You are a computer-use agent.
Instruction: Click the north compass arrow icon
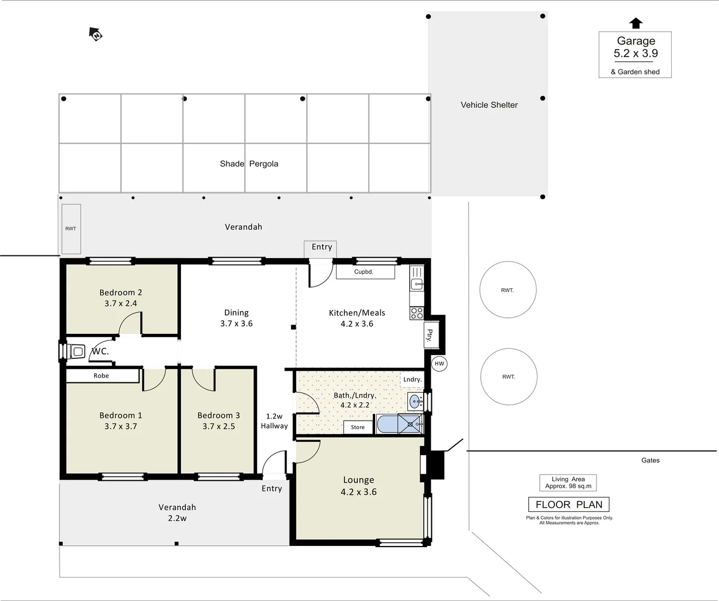(x=96, y=35)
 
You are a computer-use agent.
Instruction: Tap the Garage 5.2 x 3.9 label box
(x=635, y=54)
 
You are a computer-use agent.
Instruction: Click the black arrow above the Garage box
(x=636, y=23)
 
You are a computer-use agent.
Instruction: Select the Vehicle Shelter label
(x=489, y=105)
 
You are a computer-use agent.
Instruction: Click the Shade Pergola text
(x=249, y=164)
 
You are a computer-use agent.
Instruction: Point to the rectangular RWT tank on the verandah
(x=71, y=228)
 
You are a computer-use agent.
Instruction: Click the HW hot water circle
(x=439, y=364)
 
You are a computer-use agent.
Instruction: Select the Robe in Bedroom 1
(x=102, y=376)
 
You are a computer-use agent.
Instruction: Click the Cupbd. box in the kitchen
(x=365, y=272)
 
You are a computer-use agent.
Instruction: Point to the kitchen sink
(x=416, y=284)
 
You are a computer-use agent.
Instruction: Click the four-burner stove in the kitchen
(x=416, y=313)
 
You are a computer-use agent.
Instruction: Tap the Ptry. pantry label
(x=430, y=334)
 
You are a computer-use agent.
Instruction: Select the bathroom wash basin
(x=415, y=401)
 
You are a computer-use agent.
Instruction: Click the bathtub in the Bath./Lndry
(x=387, y=424)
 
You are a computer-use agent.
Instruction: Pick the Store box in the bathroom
(x=358, y=427)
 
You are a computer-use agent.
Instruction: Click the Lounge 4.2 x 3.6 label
(x=358, y=486)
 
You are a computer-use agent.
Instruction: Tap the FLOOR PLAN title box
(x=568, y=505)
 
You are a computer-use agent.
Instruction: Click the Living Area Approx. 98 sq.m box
(x=568, y=482)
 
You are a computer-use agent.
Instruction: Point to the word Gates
(x=650, y=460)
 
